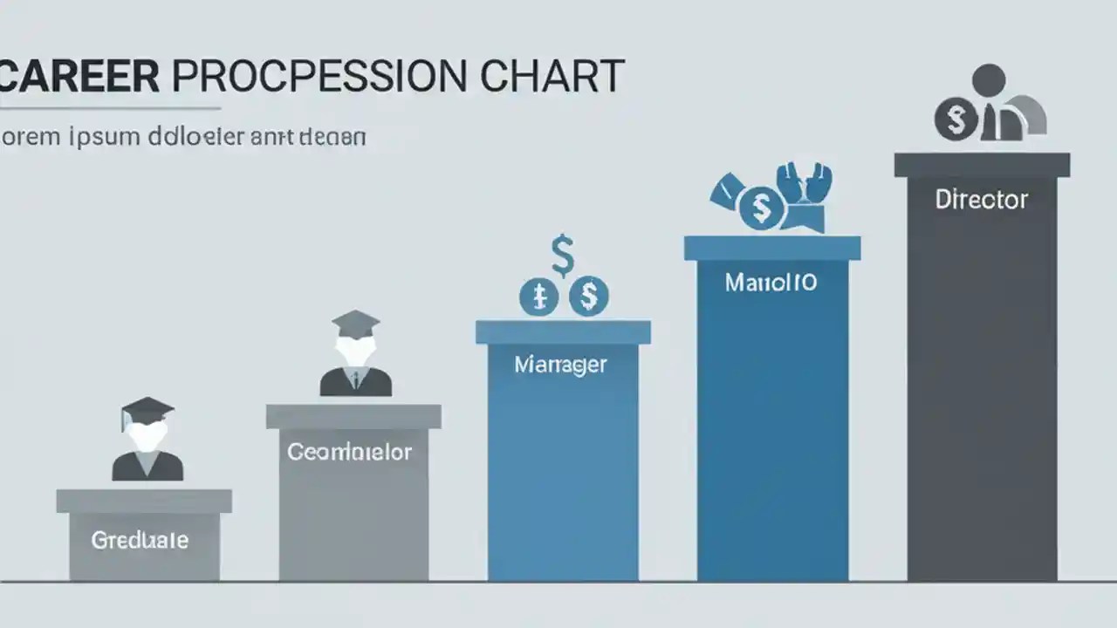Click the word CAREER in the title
point(80,77)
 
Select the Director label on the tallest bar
point(982,200)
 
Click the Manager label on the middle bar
point(560,365)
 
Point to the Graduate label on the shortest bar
point(140,540)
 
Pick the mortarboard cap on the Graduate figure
point(147,410)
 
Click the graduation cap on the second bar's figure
point(356,322)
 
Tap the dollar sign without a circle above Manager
point(563,255)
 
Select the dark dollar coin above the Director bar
point(956,119)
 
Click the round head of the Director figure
point(989,80)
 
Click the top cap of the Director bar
point(982,165)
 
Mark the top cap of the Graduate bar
point(144,501)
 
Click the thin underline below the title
point(109,109)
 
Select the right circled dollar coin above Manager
point(589,297)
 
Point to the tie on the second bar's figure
point(356,378)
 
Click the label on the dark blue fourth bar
point(771,283)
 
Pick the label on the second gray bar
point(349,452)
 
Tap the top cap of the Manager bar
point(563,332)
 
